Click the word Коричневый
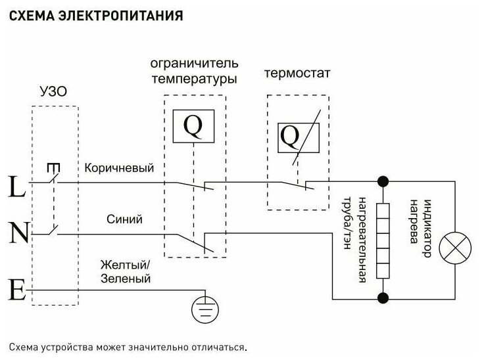coord(119,169)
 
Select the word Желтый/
coord(126,265)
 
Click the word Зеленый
coord(126,279)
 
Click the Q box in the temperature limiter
coord(193,126)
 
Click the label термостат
coord(297,73)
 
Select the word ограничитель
coord(194,64)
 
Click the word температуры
coord(194,79)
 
